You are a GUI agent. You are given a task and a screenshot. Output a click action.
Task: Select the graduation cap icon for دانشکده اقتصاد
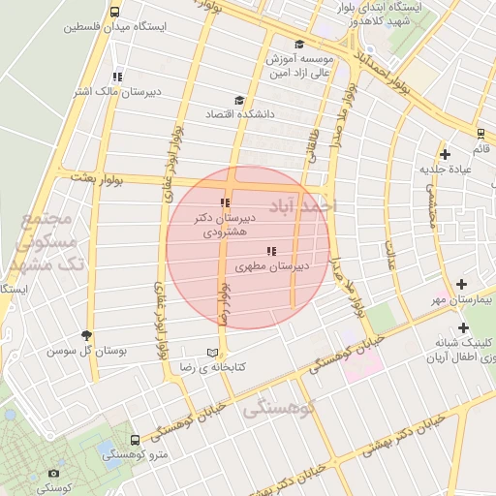point(239,100)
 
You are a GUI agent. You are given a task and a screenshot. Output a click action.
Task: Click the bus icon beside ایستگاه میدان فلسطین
point(115,14)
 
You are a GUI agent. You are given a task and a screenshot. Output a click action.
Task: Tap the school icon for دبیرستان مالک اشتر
point(117,77)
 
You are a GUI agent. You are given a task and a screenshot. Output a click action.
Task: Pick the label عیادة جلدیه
point(445,169)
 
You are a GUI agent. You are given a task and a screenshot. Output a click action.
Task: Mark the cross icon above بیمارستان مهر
point(462,285)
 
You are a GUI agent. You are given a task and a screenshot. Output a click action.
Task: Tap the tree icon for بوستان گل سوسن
point(88,334)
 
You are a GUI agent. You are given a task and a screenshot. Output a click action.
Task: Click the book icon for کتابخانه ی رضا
point(212,353)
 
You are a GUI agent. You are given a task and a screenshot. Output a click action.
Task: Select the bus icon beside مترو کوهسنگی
point(135,440)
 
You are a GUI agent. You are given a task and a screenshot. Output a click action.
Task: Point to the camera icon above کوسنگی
point(53,474)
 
